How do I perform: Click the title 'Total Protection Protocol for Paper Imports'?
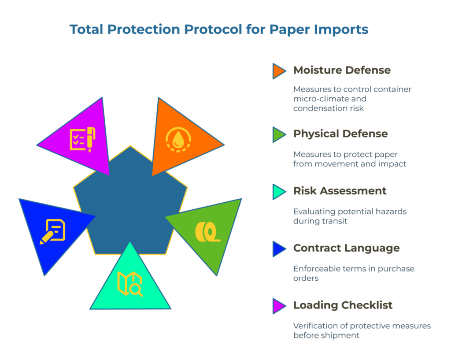pos(219,30)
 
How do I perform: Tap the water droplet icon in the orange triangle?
pos(178,140)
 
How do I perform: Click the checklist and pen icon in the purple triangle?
pos(82,139)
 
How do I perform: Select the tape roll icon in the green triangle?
pos(207,231)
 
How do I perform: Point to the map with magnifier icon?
pos(129,284)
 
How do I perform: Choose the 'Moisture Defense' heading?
pos(342,70)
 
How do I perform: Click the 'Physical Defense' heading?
pos(340,134)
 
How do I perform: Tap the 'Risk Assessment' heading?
pos(340,191)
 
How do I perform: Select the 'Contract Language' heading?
pos(346,248)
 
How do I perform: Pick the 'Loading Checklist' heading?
pos(343,305)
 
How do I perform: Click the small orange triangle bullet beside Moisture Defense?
pos(278,71)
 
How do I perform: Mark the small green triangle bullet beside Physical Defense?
pos(278,134)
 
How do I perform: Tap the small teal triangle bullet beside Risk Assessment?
pos(278,192)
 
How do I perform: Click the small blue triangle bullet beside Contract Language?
pos(278,249)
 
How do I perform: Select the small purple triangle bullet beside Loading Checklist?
pos(278,306)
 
